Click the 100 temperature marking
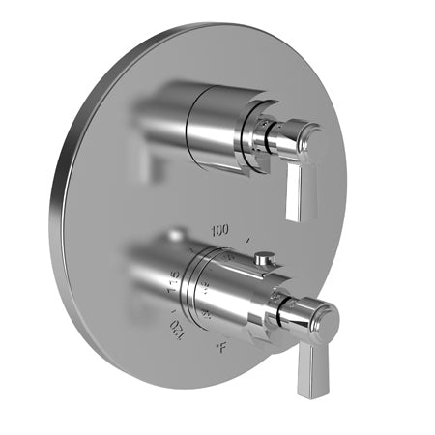coord(218,229)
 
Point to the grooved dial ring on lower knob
coord(205,290)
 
